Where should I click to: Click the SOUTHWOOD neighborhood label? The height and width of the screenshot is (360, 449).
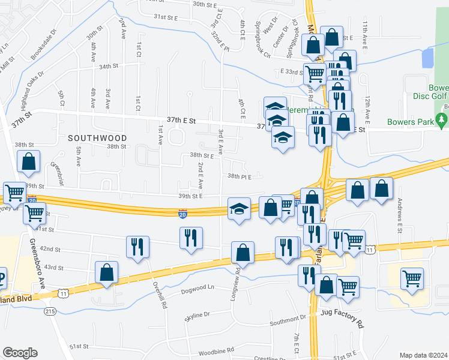pyautogui.click(x=97, y=138)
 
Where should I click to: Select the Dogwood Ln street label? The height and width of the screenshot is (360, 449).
pyautogui.click(x=197, y=289)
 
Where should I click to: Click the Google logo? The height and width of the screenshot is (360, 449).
pyautogui.click(x=20, y=352)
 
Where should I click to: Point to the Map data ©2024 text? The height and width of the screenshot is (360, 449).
pyautogui.click(x=423, y=355)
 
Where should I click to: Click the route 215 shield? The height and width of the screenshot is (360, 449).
pyautogui.click(x=50, y=311)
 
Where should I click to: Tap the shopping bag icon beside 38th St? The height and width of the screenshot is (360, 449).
pyautogui.click(x=29, y=161)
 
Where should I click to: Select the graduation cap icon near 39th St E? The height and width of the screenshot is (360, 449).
pyautogui.click(x=239, y=209)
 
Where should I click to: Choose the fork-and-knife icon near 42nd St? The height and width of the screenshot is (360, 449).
pyautogui.click(x=137, y=246)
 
